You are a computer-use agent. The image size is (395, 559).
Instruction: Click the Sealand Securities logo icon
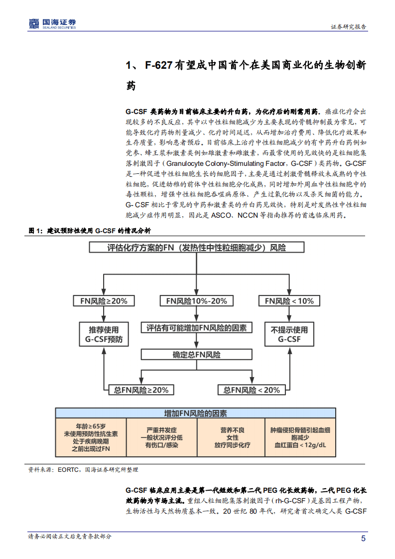(33, 24)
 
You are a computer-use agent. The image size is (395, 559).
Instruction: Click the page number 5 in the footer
(363, 538)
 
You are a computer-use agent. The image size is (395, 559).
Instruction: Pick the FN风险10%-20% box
(197, 301)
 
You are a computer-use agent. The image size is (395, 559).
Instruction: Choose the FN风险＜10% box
(289, 301)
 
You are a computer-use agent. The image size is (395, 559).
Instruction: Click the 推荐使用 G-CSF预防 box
(104, 334)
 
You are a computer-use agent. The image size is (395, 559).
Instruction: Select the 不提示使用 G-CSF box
(289, 334)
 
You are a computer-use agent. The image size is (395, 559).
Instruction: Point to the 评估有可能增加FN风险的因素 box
(196, 328)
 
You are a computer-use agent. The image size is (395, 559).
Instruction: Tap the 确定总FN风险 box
(196, 355)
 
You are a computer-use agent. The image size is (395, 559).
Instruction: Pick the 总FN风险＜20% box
(252, 390)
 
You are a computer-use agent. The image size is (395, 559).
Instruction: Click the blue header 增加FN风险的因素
(196, 413)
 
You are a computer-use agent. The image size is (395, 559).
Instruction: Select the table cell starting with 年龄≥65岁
(90, 437)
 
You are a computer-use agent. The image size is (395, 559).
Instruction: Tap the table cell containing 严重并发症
(161, 437)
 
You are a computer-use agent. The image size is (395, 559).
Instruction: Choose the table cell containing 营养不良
(232, 437)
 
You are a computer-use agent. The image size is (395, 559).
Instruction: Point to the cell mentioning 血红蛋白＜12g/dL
(302, 437)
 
